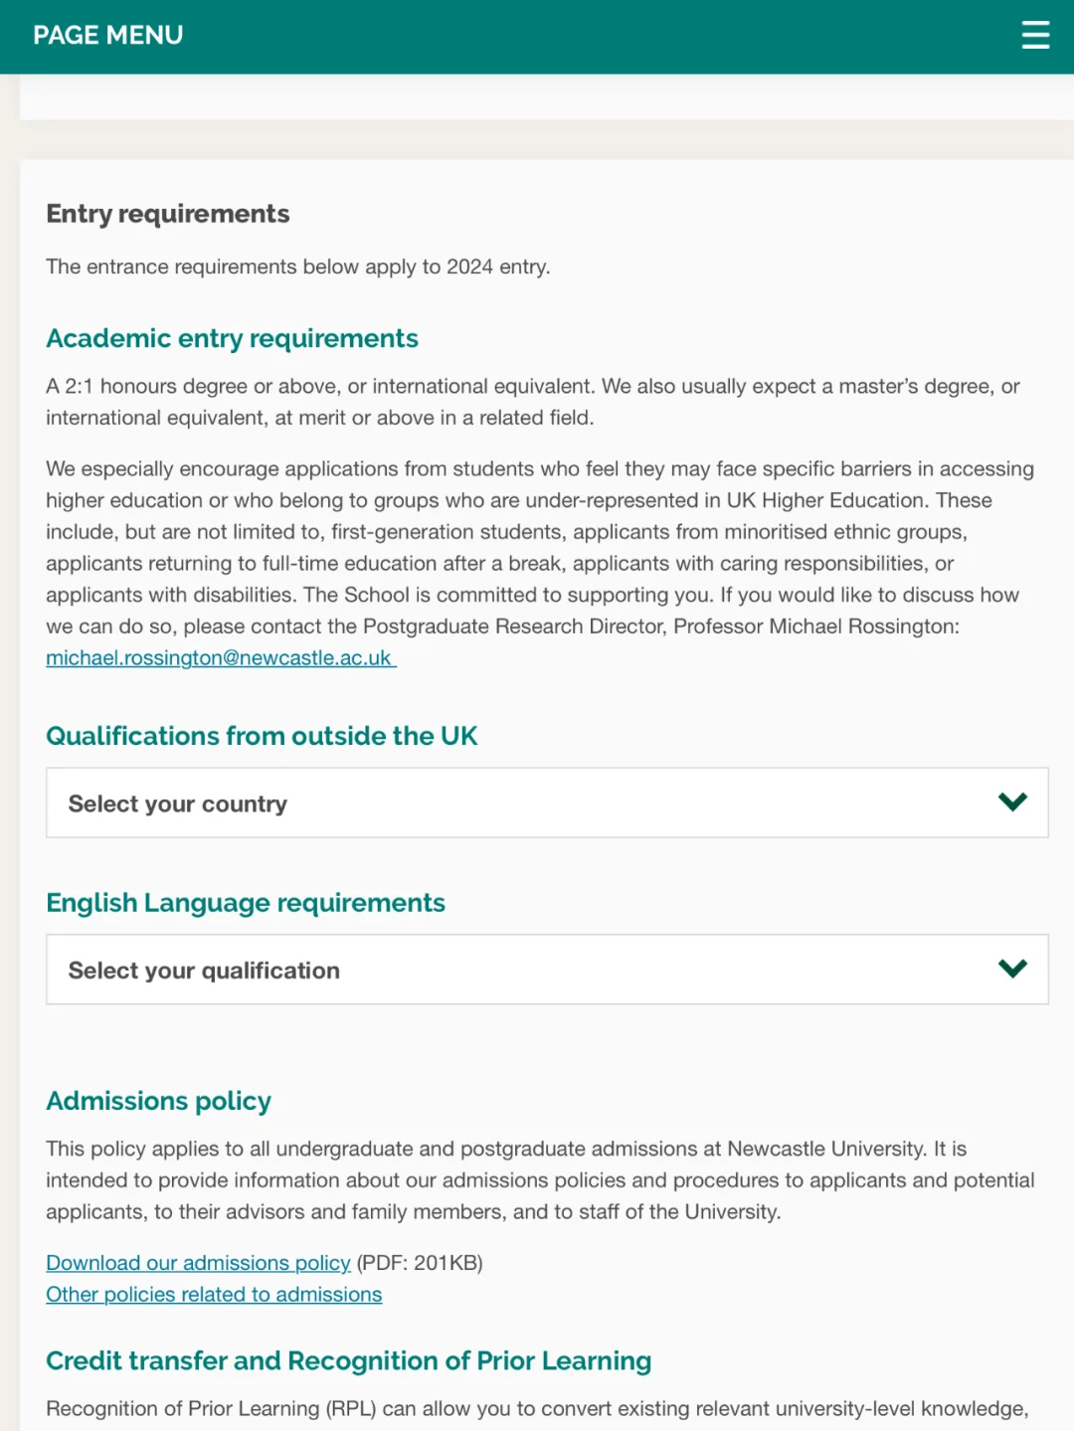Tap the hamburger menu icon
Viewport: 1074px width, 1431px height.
(x=1035, y=35)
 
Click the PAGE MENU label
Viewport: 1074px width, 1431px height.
(x=108, y=35)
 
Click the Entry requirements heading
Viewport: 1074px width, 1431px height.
(x=168, y=214)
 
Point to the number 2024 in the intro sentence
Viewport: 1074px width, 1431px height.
(x=469, y=267)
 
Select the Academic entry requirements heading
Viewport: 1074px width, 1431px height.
(x=232, y=338)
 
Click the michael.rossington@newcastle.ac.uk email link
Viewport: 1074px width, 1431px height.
(x=219, y=658)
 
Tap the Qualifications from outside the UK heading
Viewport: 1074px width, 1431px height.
(x=262, y=736)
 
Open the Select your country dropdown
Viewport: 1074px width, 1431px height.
(x=547, y=803)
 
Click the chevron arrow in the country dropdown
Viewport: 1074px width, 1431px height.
(x=1012, y=802)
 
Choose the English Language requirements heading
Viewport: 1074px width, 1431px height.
(x=246, y=903)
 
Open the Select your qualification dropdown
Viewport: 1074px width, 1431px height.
(x=547, y=970)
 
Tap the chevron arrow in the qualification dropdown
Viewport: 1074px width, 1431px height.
(x=1012, y=969)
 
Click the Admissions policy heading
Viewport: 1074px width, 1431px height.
(x=158, y=1101)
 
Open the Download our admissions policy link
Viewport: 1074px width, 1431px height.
(x=198, y=1263)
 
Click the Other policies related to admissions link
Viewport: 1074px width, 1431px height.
(x=214, y=1295)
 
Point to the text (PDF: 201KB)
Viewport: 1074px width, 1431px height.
(x=420, y=1263)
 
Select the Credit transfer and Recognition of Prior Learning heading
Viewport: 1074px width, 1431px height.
(x=348, y=1360)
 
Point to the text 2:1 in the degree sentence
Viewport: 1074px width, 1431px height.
(x=79, y=386)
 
